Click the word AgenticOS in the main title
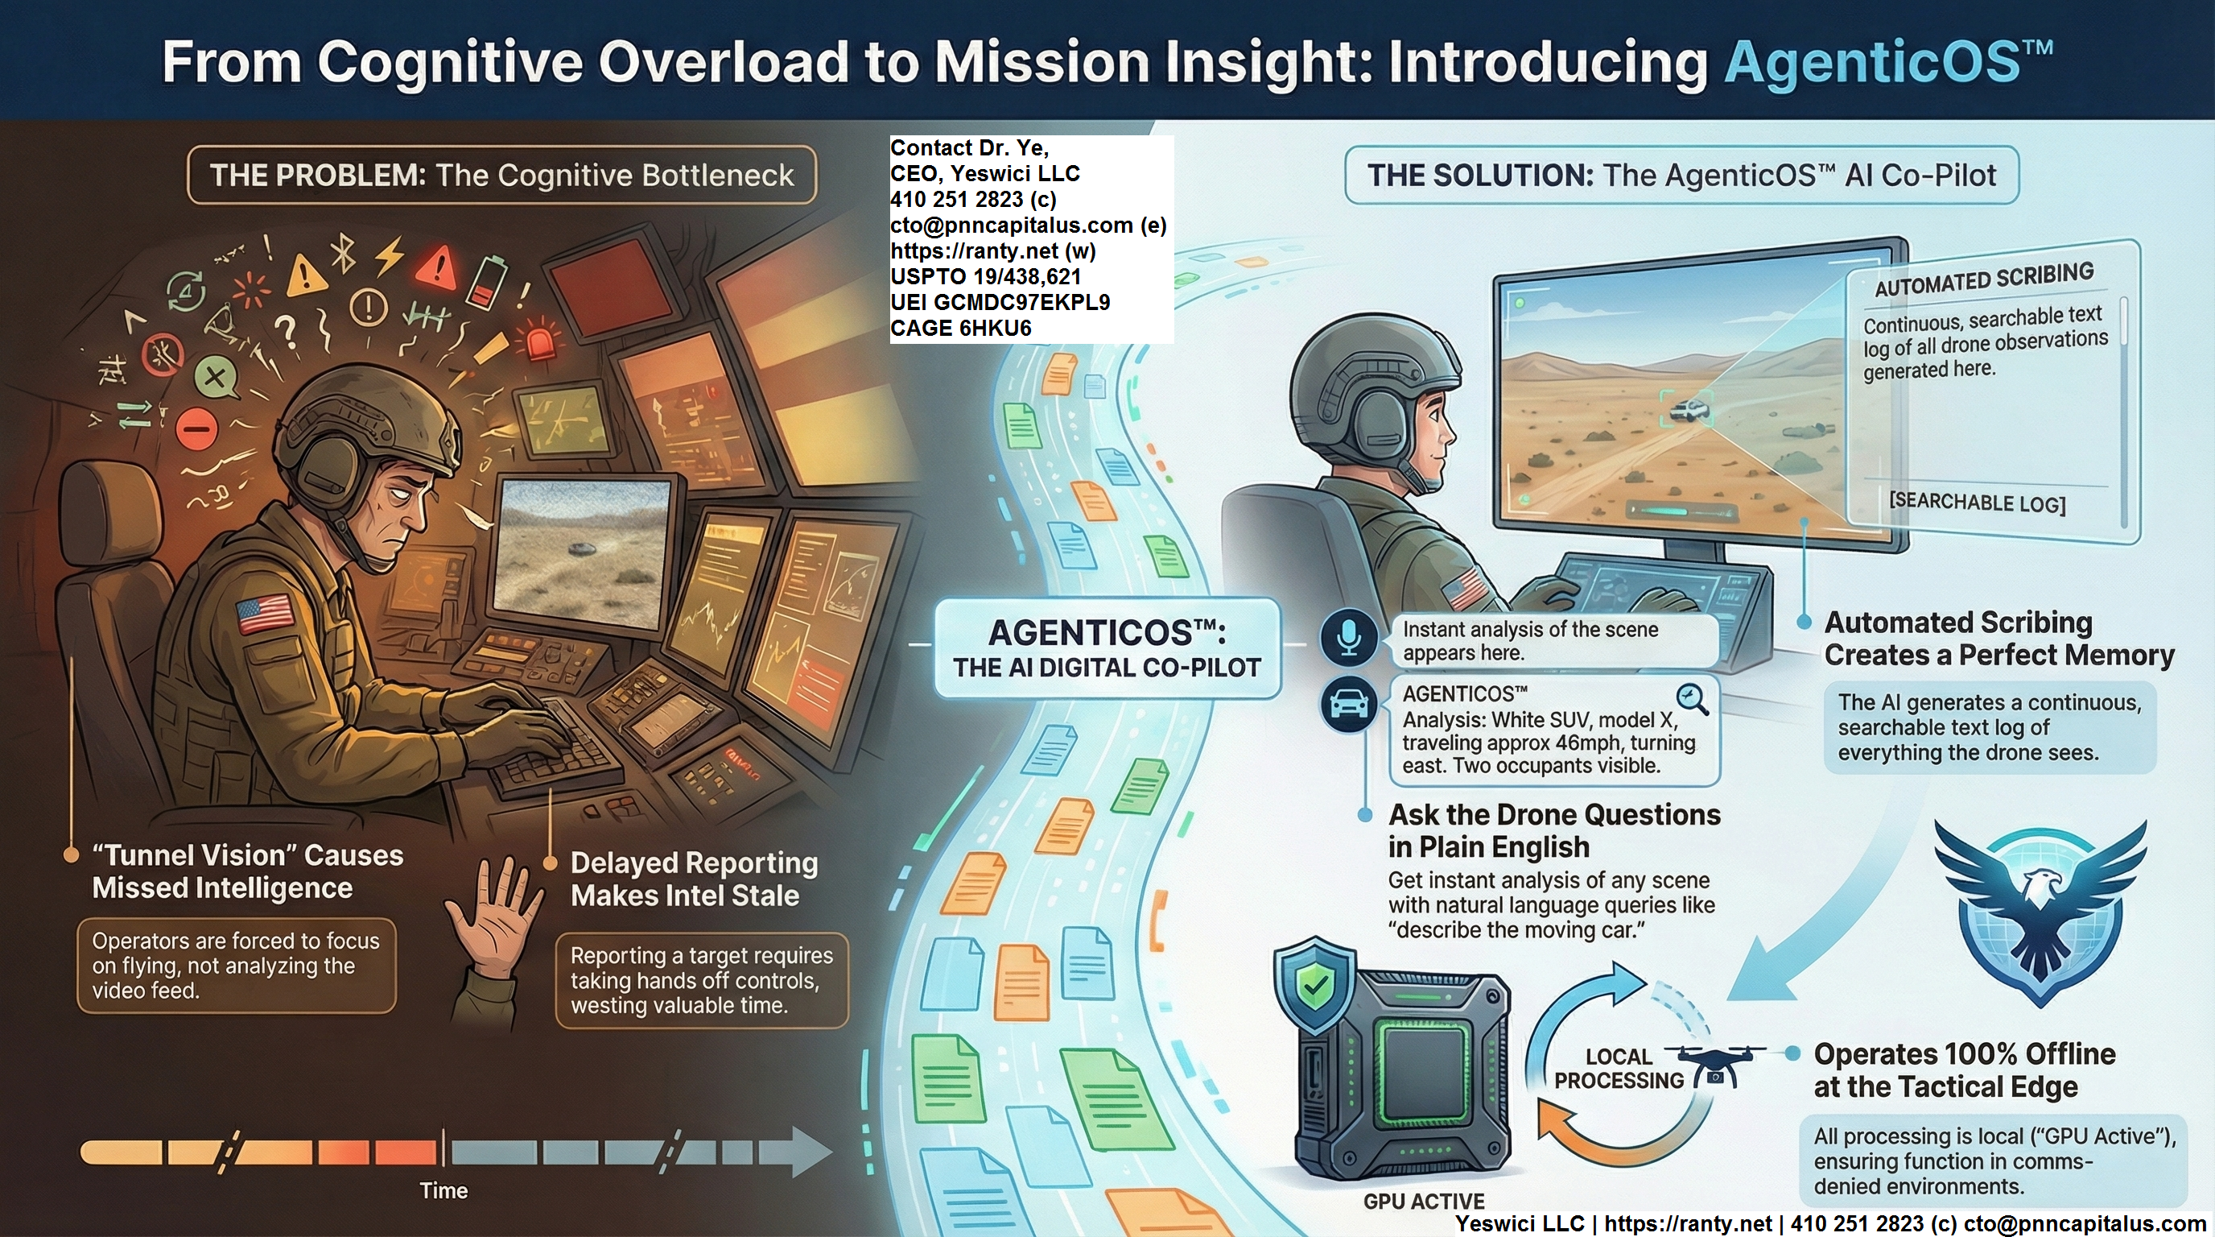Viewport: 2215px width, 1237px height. click(1873, 62)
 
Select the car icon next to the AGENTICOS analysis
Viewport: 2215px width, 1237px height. click(1349, 704)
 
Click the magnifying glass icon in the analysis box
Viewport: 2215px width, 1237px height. click(1691, 698)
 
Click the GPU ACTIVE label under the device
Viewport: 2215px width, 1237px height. click(1424, 1201)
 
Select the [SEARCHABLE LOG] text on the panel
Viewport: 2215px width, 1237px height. click(1977, 503)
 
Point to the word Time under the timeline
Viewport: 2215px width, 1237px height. click(443, 1190)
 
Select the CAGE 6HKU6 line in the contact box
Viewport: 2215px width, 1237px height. click(960, 329)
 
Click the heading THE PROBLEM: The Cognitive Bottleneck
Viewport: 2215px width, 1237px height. click(501, 176)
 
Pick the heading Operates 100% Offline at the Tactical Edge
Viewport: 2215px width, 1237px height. click(1965, 1070)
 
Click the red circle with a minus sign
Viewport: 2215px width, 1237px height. click(198, 427)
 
